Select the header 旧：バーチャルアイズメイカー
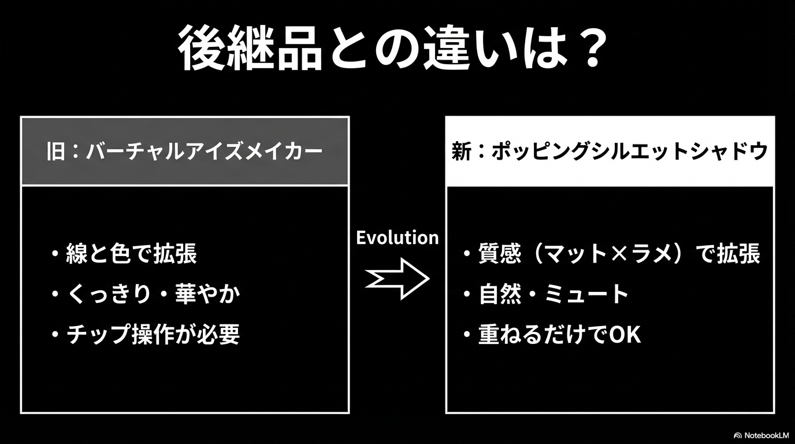coord(184,152)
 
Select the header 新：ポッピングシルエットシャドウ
coord(610,151)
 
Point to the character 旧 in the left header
coord(55,152)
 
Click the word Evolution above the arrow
coord(397,238)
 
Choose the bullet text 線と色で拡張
coord(132,254)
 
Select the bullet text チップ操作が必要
coord(153,334)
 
